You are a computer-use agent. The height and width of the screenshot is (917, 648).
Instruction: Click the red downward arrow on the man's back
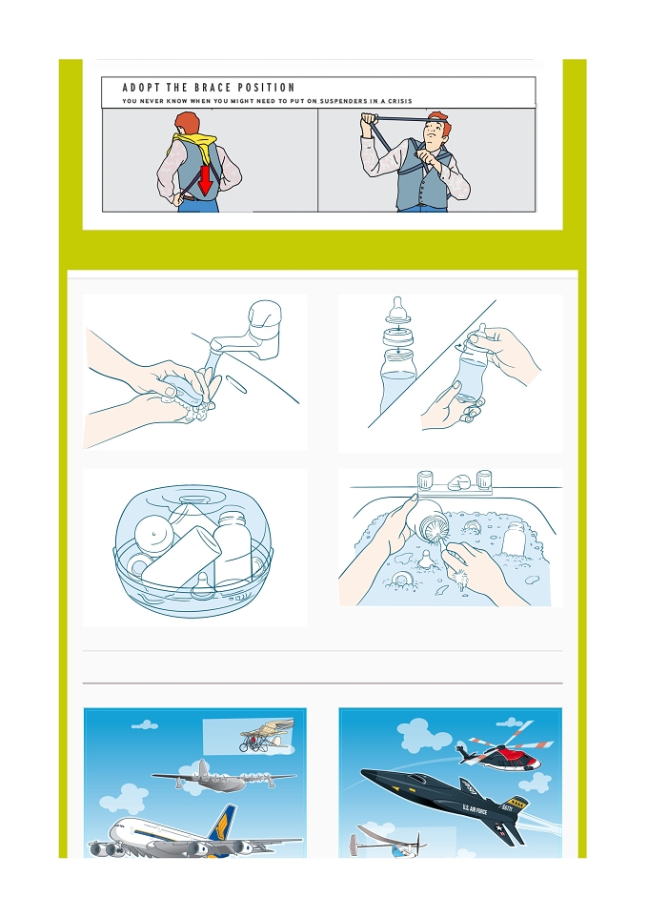coord(205,180)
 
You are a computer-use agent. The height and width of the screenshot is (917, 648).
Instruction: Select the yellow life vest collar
coord(196,144)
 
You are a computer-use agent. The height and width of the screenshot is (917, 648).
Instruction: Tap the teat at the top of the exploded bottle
coord(397,309)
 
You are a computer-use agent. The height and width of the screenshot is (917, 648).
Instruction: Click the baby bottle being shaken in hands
coord(473,369)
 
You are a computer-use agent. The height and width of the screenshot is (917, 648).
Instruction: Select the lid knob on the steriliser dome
coord(193,500)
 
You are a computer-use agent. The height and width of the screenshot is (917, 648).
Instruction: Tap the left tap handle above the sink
coord(425,480)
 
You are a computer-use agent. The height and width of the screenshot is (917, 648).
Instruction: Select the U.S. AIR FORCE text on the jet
coord(475,809)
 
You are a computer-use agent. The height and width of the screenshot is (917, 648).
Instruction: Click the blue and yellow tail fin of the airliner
coord(223,824)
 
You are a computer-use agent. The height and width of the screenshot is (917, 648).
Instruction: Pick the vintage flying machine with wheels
coord(266,736)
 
